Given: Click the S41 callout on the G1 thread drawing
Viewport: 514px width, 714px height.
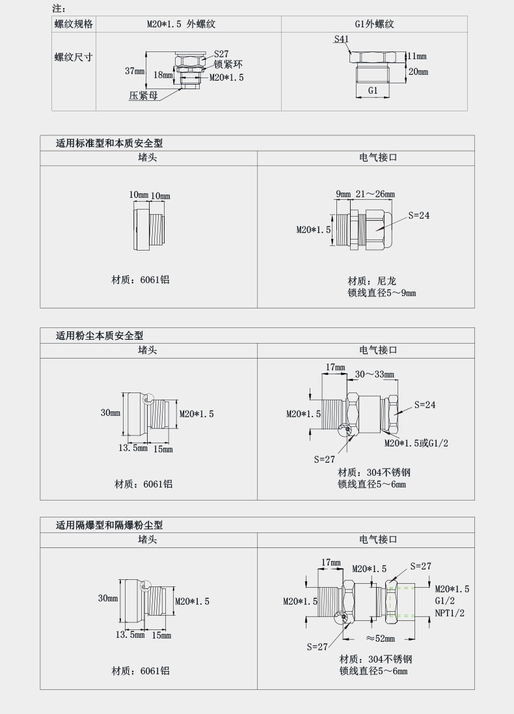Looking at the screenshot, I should click(342, 39).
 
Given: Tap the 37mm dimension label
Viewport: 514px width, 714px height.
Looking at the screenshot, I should click(135, 71).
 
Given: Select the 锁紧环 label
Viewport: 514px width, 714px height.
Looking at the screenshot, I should click(228, 64).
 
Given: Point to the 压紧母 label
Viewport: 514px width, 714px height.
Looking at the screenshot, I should click(143, 95).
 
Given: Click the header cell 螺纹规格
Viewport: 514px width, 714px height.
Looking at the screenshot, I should click(74, 24).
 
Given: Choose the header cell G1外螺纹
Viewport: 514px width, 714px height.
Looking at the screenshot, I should click(374, 24).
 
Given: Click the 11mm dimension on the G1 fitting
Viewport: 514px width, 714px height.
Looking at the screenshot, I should click(417, 57).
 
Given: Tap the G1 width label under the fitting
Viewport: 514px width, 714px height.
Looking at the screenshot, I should click(373, 90).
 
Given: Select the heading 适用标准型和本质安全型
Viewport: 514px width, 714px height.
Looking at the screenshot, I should click(109, 143).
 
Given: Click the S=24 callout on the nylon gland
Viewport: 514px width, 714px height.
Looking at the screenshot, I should click(419, 215).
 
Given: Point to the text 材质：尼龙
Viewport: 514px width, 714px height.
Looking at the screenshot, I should click(372, 281).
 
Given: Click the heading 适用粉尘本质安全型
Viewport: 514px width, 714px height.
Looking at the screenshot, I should click(100, 336).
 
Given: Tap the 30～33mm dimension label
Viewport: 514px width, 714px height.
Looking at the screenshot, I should click(374, 374).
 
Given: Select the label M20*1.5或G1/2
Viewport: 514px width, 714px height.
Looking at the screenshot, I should click(416, 443).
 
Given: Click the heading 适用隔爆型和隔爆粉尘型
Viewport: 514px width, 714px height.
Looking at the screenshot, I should click(109, 525).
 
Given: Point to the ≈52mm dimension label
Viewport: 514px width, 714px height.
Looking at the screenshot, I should click(380, 638).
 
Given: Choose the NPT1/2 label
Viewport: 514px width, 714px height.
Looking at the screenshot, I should click(450, 613).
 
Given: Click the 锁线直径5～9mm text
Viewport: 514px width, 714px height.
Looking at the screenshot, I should click(381, 293).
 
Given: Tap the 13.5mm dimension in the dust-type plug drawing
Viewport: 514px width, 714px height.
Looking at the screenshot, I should click(132, 448).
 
